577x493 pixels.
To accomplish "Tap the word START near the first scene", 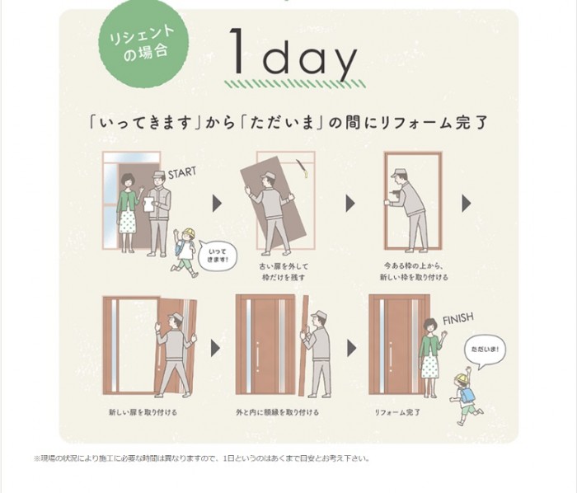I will [x=183, y=174].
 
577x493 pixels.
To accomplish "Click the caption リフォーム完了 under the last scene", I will [x=398, y=410].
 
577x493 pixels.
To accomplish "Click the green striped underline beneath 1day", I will [x=293, y=83].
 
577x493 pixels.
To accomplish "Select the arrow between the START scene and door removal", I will [x=218, y=203].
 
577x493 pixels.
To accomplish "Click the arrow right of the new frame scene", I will [x=466, y=203].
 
